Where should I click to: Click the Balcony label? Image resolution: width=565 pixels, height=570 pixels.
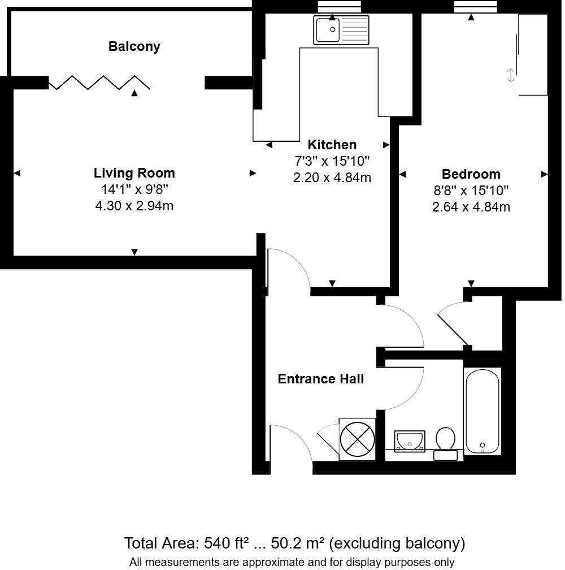[x=134, y=46]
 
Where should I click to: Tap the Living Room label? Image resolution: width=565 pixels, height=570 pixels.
[x=134, y=173]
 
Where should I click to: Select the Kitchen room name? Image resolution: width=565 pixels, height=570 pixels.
[x=332, y=145]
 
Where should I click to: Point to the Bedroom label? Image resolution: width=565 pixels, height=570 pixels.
[x=471, y=174]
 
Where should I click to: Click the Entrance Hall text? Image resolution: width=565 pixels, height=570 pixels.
[x=320, y=379]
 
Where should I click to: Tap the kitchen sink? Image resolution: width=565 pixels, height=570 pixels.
[x=341, y=29]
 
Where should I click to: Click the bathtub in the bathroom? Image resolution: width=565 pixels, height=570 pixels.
[x=482, y=411]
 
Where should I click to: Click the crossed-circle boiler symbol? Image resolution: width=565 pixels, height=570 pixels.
[x=358, y=439]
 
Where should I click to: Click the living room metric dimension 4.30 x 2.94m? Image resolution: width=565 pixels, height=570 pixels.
[x=134, y=206]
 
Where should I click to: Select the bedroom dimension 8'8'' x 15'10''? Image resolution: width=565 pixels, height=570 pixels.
[x=471, y=191]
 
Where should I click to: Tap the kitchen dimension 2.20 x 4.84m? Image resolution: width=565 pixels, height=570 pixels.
[x=332, y=178]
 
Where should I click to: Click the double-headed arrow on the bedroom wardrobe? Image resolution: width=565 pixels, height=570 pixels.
[x=510, y=75]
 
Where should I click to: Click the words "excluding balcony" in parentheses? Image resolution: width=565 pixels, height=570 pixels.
[x=397, y=544]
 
